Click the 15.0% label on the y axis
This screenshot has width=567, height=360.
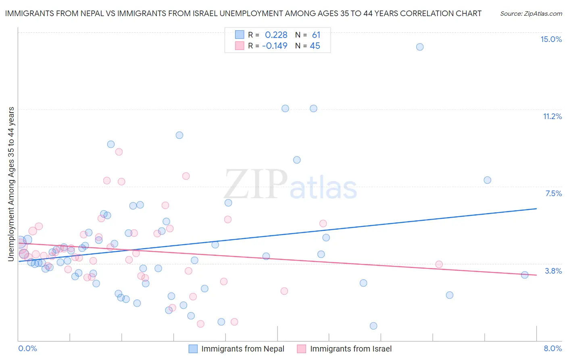tap(551, 39)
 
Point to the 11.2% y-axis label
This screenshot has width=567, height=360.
tap(552, 116)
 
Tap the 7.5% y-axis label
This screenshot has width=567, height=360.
tap(553, 193)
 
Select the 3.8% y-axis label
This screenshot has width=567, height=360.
tap(553, 271)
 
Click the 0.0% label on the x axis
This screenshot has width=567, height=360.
tap(27, 348)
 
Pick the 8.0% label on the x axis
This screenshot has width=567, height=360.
tap(552, 348)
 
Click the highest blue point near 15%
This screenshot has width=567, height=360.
tap(420, 47)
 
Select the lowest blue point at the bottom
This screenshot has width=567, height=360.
tap(373, 326)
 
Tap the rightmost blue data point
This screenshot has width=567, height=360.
tap(525, 275)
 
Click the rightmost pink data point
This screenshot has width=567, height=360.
tap(439, 264)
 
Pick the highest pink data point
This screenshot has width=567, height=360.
tap(119, 152)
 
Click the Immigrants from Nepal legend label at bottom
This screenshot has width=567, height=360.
tap(243, 349)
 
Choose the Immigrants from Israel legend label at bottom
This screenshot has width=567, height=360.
tap(351, 349)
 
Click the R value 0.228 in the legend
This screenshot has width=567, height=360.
tap(276, 35)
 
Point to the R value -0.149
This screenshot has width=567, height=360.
tap(275, 46)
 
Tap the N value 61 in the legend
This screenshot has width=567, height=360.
tap(316, 35)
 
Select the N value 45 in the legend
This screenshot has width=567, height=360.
tap(315, 46)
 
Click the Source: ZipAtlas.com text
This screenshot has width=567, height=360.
tap(531, 14)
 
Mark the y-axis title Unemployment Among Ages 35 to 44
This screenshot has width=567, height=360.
tap(11, 184)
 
